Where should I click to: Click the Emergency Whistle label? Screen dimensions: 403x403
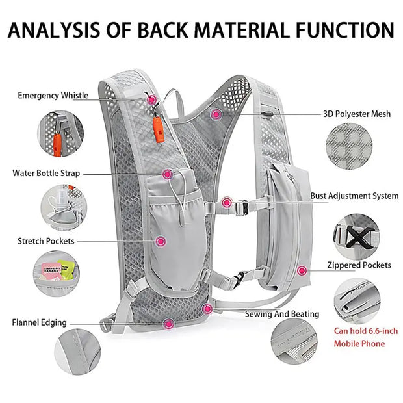[53, 96]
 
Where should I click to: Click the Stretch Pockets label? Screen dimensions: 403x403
[45, 241]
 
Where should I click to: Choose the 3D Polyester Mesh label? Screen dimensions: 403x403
[357, 114]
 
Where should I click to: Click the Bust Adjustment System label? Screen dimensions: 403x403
[354, 196]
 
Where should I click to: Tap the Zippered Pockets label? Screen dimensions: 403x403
[359, 265]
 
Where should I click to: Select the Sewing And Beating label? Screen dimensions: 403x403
[282, 314]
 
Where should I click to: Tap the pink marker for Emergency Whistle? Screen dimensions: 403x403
[151, 99]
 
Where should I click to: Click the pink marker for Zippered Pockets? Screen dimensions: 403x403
[301, 270]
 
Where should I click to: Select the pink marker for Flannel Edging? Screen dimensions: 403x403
[168, 323]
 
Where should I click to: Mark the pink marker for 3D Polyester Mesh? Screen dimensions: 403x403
[216, 113]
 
